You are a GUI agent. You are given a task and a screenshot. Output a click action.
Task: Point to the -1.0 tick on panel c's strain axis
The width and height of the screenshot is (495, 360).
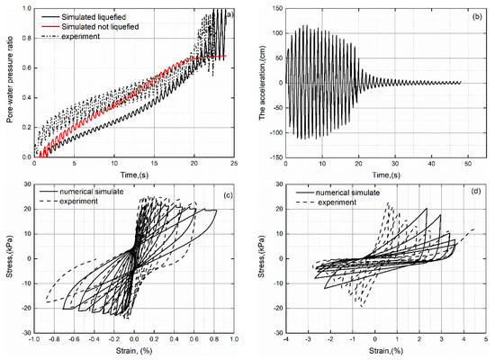point(33,340)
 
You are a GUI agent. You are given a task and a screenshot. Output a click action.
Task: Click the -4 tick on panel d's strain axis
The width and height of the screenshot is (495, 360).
point(286,340)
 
